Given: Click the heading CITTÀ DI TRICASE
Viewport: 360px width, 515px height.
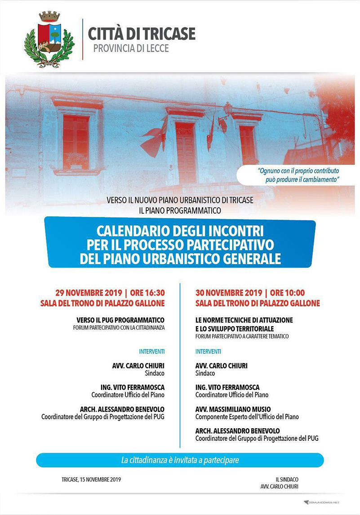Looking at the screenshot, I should click(x=142, y=34).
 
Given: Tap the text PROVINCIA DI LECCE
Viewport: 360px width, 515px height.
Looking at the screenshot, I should click(x=131, y=48).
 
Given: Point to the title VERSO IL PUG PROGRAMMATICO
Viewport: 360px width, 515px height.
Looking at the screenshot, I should click(x=120, y=320).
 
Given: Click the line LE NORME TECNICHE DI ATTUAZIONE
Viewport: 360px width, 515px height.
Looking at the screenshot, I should click(x=244, y=320).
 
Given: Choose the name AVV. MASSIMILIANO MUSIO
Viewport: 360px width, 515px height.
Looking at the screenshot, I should click(x=233, y=409).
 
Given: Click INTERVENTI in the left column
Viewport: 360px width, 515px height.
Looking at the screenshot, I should click(x=152, y=351).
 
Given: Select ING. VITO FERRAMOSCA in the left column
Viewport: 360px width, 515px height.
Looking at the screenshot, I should click(x=133, y=387).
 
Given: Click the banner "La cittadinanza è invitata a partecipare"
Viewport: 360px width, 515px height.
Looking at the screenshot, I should click(x=180, y=460).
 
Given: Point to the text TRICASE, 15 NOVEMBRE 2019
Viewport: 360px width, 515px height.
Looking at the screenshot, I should click(x=91, y=479).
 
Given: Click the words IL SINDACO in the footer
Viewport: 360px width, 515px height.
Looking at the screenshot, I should click(x=287, y=480).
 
